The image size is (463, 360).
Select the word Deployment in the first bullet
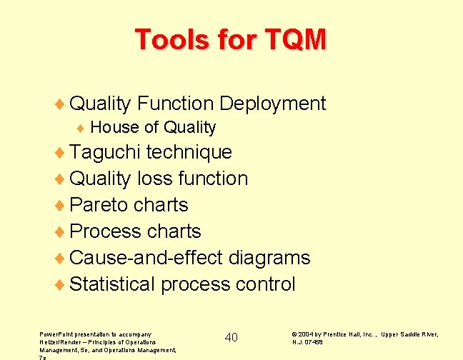(272, 104)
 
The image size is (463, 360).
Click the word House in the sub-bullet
(114, 128)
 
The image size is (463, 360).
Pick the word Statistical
(113, 284)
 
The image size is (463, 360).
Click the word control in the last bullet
(265, 284)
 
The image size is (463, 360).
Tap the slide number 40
(231, 337)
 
